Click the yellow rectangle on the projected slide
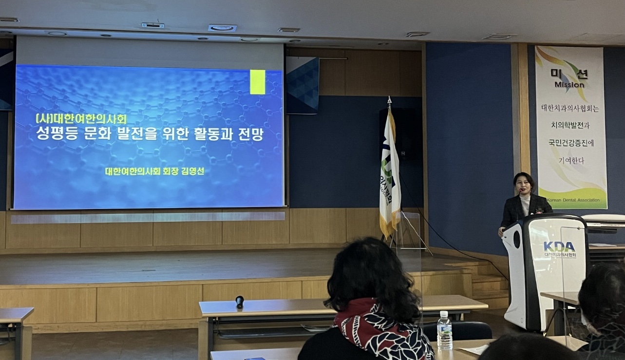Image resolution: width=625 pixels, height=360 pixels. point(257,82)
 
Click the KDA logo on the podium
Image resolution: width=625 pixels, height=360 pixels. point(559,246)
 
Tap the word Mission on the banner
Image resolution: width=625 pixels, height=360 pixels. point(569,85)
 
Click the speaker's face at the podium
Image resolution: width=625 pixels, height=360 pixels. point(522,184)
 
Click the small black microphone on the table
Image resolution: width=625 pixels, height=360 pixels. point(239,302)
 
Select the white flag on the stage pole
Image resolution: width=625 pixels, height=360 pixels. point(389,171)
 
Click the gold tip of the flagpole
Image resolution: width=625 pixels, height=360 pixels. point(389,100)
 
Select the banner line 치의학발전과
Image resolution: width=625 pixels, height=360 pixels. point(569,125)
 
